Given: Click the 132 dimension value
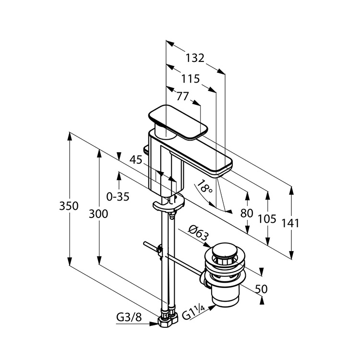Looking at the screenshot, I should pyautogui.click(x=195, y=58).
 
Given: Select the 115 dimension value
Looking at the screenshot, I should pyautogui.click(x=191, y=79).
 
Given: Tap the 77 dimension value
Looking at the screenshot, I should pyautogui.click(x=182, y=96).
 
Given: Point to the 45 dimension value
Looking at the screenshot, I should pyautogui.click(x=136, y=160).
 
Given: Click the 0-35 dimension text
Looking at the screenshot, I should pyautogui.click(x=118, y=196).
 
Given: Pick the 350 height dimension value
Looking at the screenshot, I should pyautogui.click(x=69, y=206).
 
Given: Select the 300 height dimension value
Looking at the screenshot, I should pyautogui.click(x=98, y=215).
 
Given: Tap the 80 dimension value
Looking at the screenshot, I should pyautogui.click(x=247, y=214).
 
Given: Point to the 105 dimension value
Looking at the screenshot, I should pyautogui.click(x=267, y=219).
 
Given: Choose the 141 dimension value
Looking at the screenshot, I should pyautogui.click(x=290, y=223).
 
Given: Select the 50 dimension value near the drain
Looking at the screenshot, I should pyautogui.click(x=261, y=289).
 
